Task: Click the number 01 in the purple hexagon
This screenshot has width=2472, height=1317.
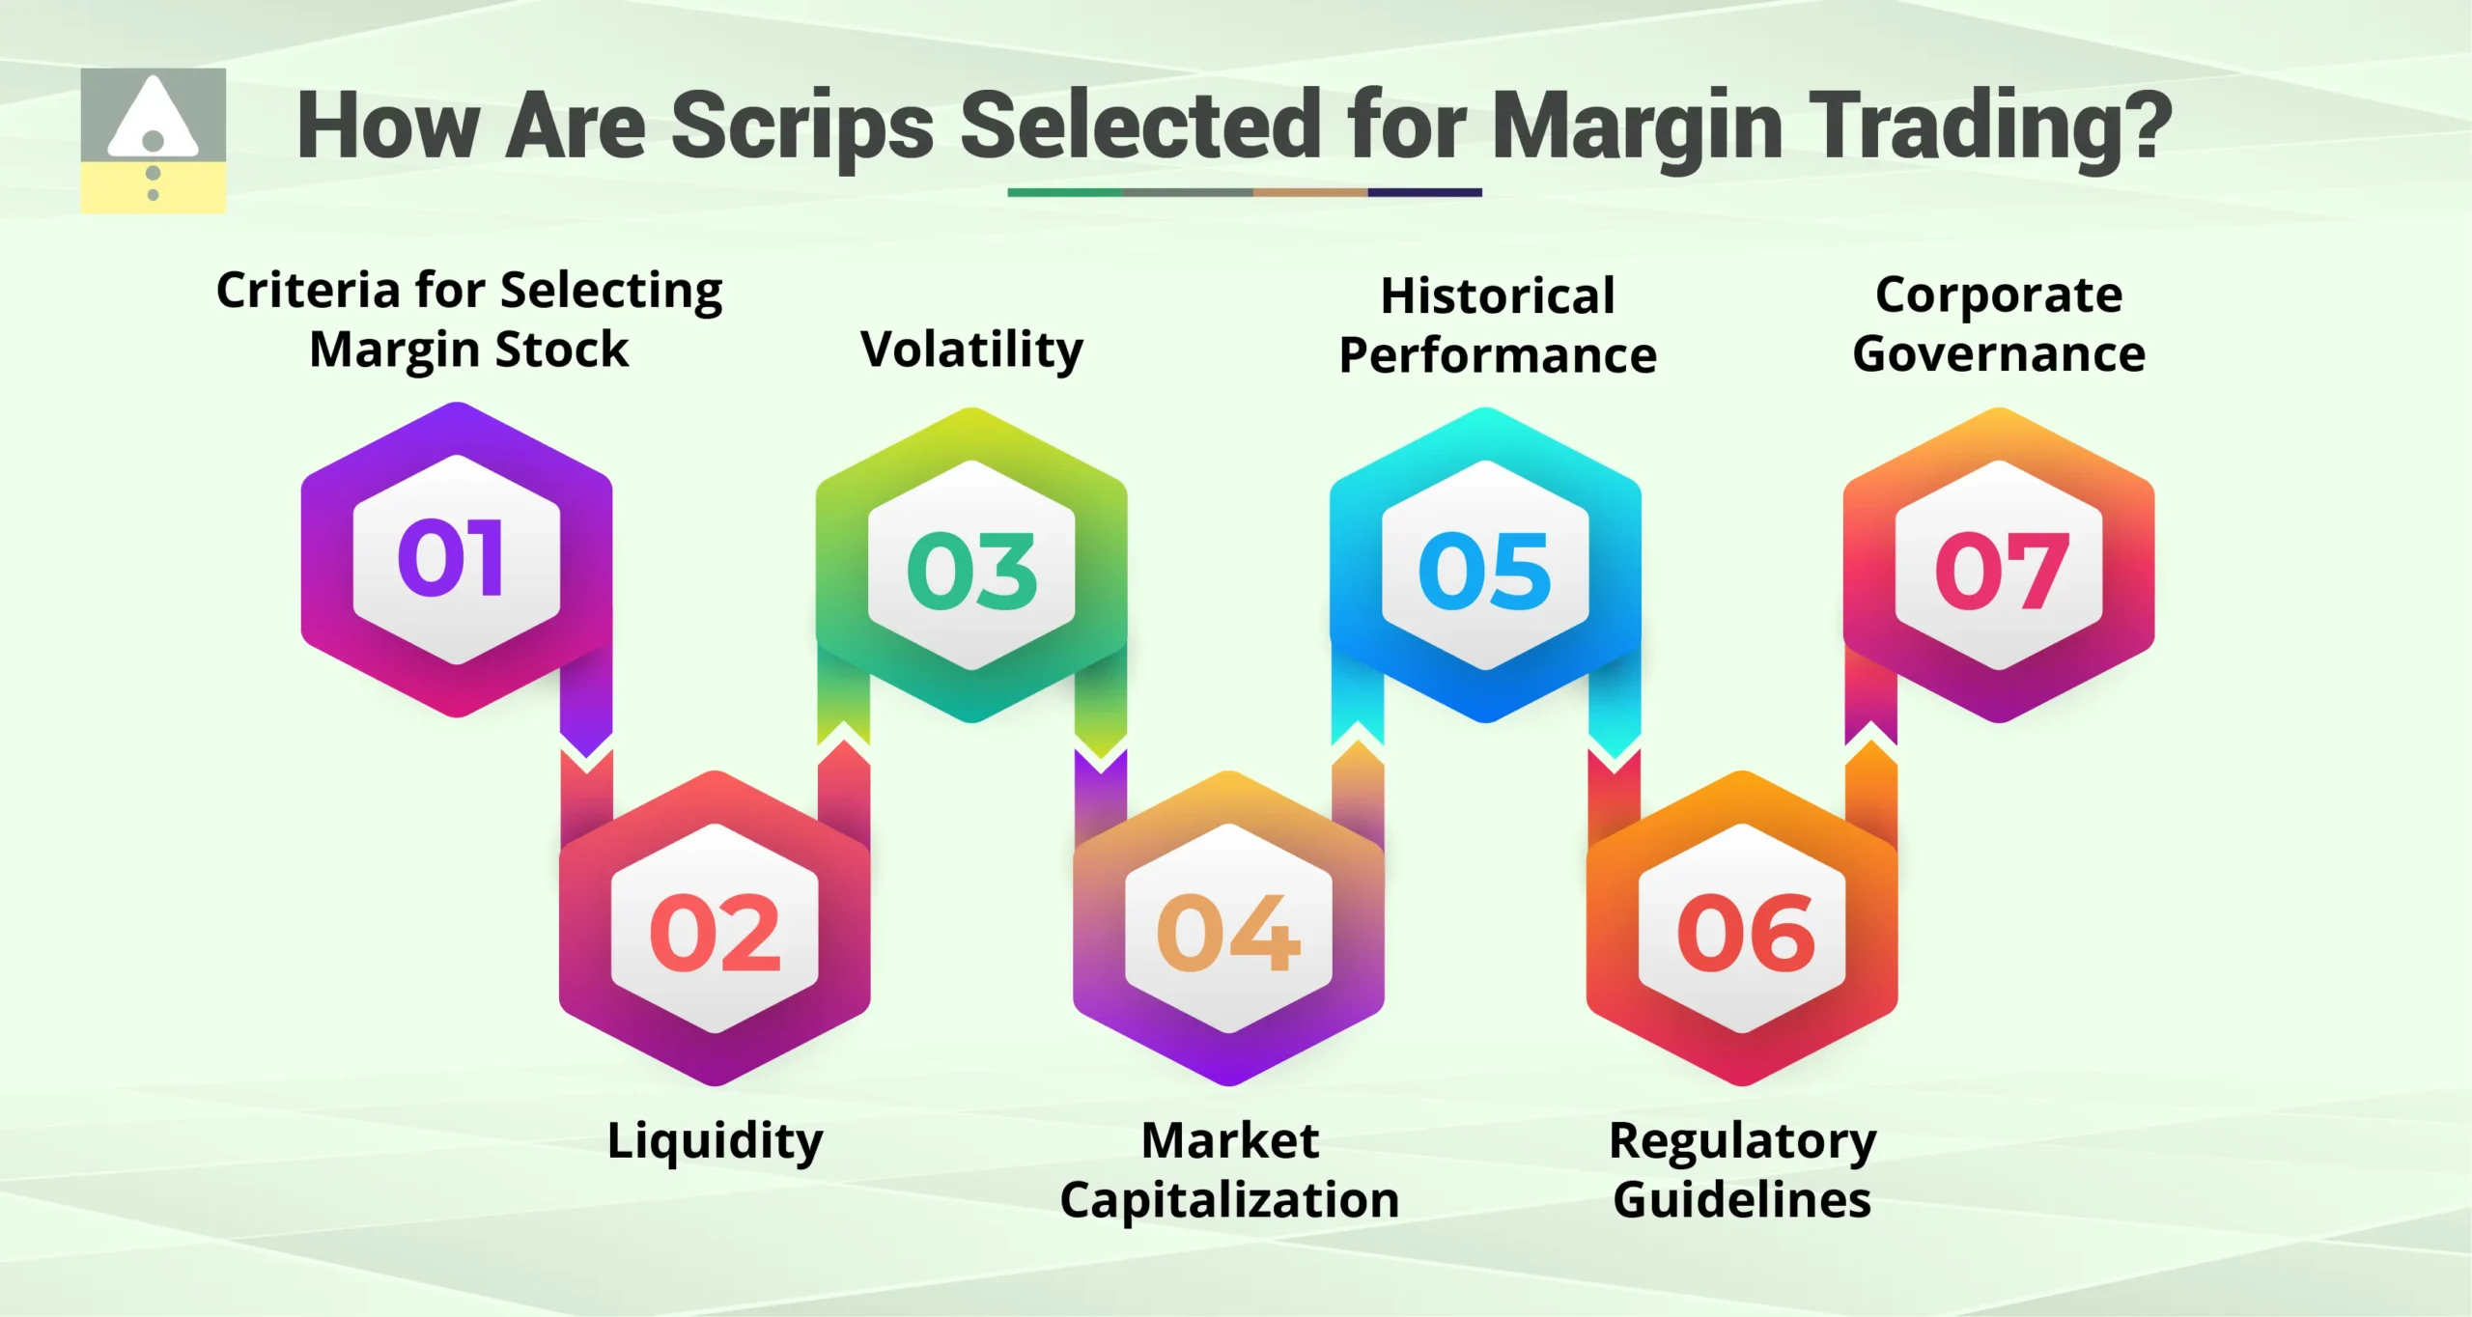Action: point(451,557)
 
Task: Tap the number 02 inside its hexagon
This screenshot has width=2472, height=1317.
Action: point(715,933)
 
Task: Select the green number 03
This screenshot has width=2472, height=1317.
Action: point(971,572)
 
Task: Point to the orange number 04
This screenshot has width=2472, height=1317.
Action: point(1228,933)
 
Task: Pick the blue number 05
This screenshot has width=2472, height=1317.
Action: point(1485,572)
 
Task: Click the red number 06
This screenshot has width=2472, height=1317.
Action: point(1744,933)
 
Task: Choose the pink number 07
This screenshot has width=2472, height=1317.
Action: point(2001,572)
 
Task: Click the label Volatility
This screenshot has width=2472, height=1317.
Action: point(971,350)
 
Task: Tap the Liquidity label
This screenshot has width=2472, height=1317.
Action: point(715,1141)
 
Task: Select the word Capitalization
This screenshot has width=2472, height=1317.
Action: point(1229,1200)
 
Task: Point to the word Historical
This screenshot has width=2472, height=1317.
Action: point(1497,295)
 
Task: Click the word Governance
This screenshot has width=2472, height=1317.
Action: point(1999,353)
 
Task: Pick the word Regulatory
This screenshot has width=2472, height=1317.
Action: point(1742,1141)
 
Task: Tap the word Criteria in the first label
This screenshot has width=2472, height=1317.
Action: point(307,290)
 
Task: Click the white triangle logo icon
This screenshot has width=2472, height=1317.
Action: point(153,118)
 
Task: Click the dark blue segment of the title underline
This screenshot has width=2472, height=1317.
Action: point(1424,192)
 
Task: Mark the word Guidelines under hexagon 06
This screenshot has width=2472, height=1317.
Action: point(1742,1200)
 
